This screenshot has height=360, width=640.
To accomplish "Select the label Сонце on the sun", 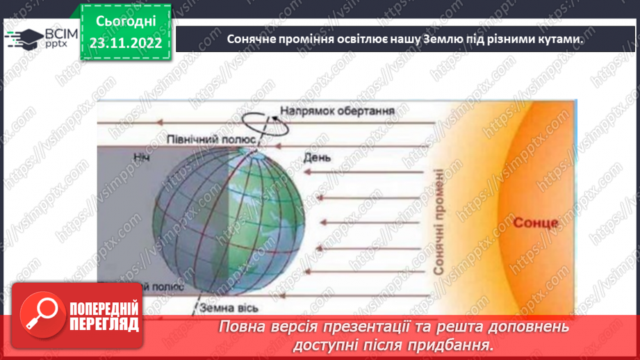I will (535, 224).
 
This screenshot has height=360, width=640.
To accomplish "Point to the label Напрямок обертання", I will (338, 110).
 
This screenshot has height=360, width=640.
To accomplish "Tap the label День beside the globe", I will (316, 158).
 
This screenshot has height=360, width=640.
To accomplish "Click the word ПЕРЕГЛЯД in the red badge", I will (105, 323).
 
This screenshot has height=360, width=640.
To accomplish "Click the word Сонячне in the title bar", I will (252, 39).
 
